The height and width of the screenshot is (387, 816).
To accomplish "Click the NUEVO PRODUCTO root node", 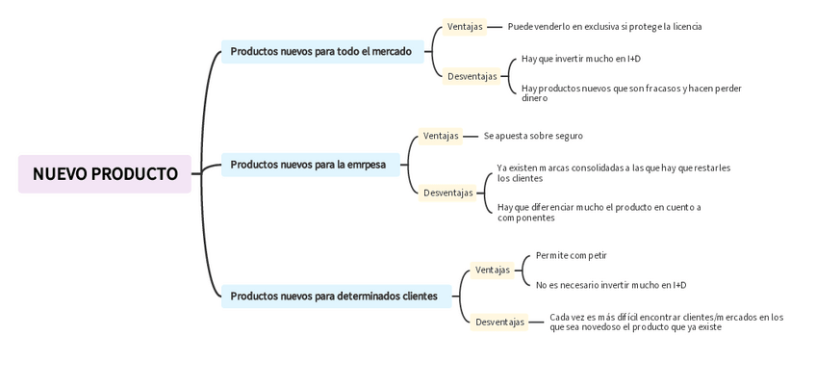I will click(105, 174).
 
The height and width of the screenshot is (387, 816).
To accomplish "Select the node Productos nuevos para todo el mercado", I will click(321, 52).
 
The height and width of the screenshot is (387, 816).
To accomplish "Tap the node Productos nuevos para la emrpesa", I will click(308, 165).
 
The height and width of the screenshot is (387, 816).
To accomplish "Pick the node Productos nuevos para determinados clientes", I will click(334, 297).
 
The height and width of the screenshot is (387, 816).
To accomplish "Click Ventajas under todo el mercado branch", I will click(465, 27).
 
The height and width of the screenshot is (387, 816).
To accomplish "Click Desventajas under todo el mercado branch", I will click(472, 76).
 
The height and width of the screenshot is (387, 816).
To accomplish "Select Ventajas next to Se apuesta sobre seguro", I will click(441, 136).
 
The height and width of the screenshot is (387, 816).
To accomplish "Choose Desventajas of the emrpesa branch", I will click(448, 193).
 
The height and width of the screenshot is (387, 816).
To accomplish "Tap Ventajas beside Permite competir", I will click(493, 270).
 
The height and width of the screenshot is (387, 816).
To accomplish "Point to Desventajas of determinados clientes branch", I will click(500, 322).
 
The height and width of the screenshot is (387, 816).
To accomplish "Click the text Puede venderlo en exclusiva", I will click(604, 27).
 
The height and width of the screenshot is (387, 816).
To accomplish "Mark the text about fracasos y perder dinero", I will click(631, 92).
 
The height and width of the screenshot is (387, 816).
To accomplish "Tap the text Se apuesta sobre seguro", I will click(533, 136).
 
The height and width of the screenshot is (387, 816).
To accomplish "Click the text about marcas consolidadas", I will click(613, 172).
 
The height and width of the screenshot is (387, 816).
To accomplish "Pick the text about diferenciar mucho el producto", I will click(599, 212).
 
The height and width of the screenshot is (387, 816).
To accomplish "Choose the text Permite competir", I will click(572, 255).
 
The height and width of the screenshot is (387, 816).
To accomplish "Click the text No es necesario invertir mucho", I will click(611, 285).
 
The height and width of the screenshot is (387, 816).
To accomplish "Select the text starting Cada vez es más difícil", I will click(666, 322).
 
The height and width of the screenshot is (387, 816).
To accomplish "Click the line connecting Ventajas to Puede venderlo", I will click(495, 27).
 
